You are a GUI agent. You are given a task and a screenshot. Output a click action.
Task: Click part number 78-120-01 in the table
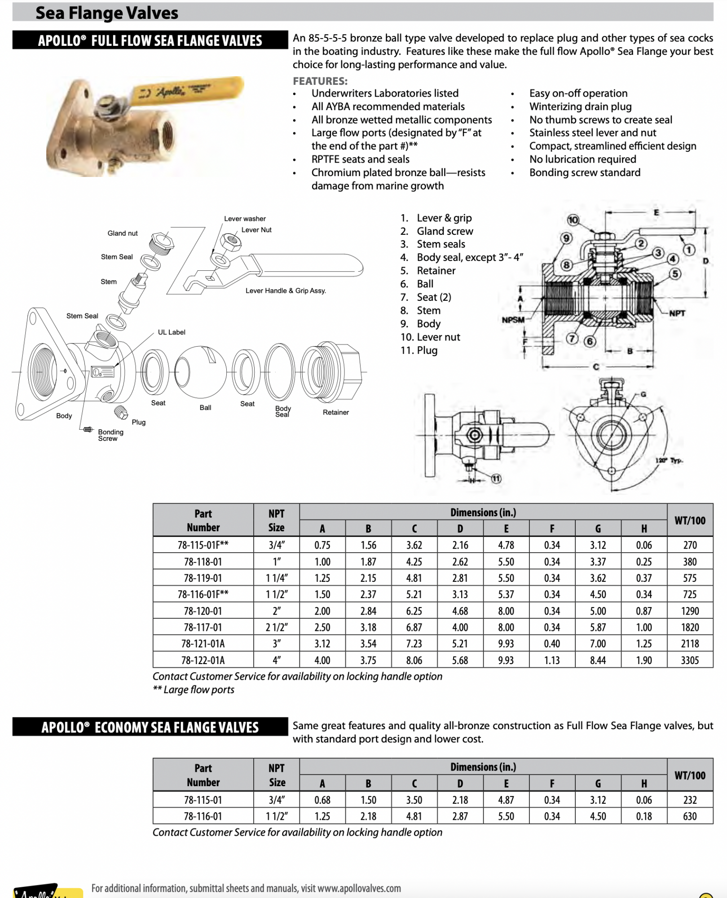(203, 611)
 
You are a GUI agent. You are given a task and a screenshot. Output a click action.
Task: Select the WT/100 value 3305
(690, 660)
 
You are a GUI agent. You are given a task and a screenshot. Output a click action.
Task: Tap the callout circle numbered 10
(573, 220)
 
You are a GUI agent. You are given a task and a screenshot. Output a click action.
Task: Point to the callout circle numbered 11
(496, 479)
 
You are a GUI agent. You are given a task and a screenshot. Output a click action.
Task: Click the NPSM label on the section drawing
(513, 320)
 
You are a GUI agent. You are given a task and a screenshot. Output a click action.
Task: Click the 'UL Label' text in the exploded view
(171, 332)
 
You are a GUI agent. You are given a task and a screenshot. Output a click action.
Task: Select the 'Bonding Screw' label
(110, 435)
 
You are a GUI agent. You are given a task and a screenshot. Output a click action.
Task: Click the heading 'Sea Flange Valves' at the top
(107, 13)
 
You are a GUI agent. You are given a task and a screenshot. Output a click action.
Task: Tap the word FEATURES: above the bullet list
(320, 81)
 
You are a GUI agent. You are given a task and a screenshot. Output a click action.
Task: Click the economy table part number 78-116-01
(203, 816)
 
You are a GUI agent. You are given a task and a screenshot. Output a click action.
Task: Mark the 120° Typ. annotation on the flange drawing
(669, 461)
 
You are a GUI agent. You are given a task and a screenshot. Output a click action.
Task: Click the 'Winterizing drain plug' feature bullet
(580, 106)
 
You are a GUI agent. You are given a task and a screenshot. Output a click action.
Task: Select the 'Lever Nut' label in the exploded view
(256, 230)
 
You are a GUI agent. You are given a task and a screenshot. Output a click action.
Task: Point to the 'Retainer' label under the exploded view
(335, 412)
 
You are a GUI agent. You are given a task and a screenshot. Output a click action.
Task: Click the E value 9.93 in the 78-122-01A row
(506, 660)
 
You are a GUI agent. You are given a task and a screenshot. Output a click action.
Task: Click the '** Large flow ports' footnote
(194, 690)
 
